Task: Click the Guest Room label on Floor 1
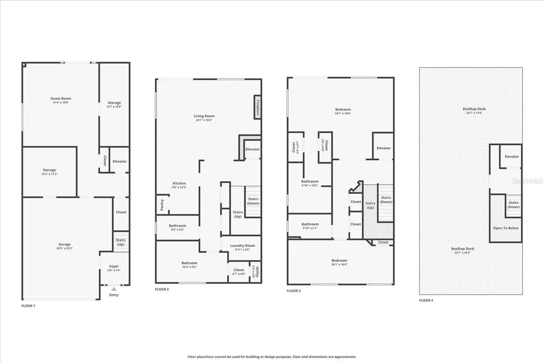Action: pyautogui.click(x=61, y=99)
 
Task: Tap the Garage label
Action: pyautogui.click(x=64, y=244)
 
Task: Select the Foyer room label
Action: pyautogui.click(x=114, y=266)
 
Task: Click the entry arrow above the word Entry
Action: pyautogui.click(x=114, y=289)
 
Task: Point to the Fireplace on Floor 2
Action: pyautogui.click(x=257, y=107)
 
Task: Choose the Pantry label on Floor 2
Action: pyautogui.click(x=162, y=205)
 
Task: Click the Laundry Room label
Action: pyautogui.click(x=242, y=246)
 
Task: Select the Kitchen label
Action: pyautogui.click(x=179, y=184)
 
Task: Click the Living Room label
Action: pyautogui.click(x=205, y=116)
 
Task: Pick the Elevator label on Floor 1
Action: pyautogui.click(x=120, y=161)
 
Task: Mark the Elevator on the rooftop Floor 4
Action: pyautogui.click(x=512, y=157)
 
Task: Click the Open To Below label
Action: pyautogui.click(x=506, y=228)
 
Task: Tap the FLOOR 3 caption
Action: pyautogui.click(x=293, y=291)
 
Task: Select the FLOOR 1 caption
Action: pyautogui.click(x=28, y=306)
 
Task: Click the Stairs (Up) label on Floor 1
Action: pyautogui.click(x=121, y=242)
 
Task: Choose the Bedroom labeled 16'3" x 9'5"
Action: pyautogui.click(x=189, y=263)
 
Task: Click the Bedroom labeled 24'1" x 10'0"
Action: pyautogui.click(x=339, y=261)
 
